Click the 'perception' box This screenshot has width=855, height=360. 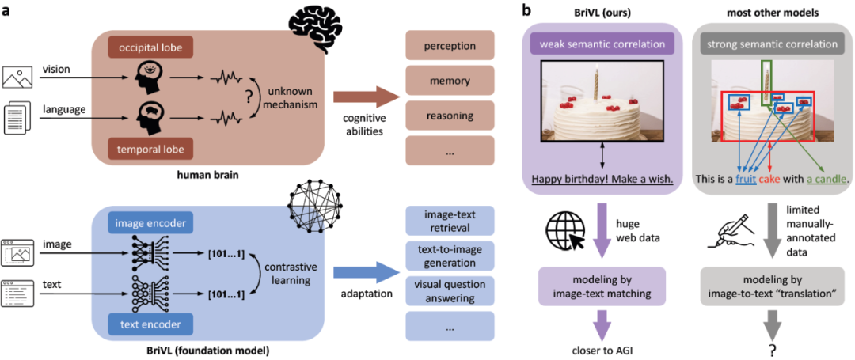[450, 44]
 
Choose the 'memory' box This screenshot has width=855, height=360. [450, 80]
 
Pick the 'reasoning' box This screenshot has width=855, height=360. [450, 116]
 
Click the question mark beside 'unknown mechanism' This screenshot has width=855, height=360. [249, 98]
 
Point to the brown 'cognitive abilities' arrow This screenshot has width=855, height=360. [367, 97]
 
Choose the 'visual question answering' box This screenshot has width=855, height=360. [450, 291]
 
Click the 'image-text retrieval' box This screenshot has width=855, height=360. [450, 221]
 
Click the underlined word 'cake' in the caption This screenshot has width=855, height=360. [769, 179]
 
